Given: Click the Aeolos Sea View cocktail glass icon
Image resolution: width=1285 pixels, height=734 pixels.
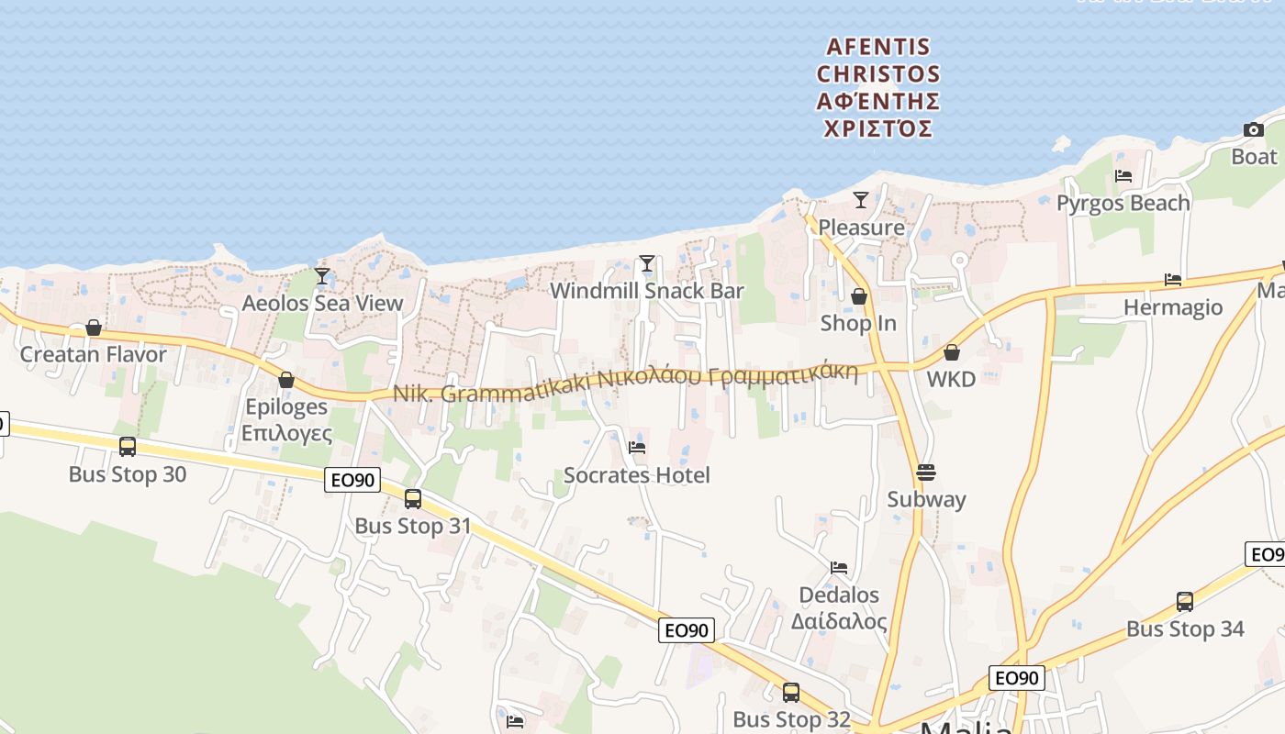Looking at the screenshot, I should click(x=321, y=275).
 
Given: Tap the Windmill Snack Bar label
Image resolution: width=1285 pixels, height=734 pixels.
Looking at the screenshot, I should click(x=646, y=291).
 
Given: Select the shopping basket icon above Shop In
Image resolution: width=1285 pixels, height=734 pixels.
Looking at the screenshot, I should click(x=859, y=296).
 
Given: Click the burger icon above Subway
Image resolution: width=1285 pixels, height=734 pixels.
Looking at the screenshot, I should click(x=925, y=473).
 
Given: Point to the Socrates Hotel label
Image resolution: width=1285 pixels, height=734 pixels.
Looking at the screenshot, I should click(x=636, y=475).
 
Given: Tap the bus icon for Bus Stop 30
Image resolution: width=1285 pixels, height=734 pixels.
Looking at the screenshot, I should click(x=128, y=447).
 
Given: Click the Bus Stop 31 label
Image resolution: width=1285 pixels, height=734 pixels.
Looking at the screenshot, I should click(x=412, y=526).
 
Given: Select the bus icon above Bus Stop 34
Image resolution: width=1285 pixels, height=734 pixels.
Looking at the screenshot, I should click(x=1185, y=602).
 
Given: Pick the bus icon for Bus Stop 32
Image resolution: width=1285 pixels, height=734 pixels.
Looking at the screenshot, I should click(x=791, y=693).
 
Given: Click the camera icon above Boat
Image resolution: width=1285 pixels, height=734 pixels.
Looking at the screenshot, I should click(x=1253, y=130).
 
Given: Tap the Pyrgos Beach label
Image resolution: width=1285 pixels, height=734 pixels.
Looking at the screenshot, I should click(x=1123, y=203).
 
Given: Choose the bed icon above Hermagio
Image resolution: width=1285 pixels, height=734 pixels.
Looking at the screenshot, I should click(x=1173, y=280).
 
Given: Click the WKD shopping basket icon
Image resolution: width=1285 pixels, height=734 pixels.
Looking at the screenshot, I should click(x=952, y=352).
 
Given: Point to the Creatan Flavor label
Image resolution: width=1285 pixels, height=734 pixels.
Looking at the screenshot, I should click(x=94, y=354).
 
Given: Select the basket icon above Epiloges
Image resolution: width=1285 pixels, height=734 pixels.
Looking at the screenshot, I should click(x=286, y=380).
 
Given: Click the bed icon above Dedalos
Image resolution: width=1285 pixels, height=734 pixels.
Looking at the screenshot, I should click(x=839, y=568).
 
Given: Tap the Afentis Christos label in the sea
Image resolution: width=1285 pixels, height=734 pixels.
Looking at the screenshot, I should click(x=877, y=87).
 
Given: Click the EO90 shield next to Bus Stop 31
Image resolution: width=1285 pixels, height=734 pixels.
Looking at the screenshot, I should click(x=352, y=479).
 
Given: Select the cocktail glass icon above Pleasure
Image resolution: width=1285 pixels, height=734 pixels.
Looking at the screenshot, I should click(x=860, y=200).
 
